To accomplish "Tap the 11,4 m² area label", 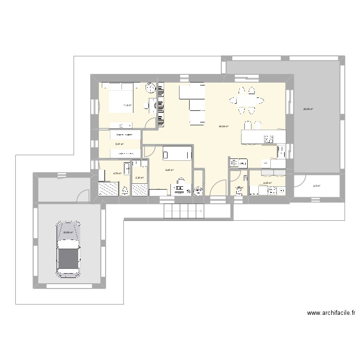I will point(127,105).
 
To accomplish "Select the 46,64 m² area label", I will point(223,127).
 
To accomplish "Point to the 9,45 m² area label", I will point(169,170).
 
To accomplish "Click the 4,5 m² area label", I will point(317,186).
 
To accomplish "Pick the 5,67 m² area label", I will point(119,144).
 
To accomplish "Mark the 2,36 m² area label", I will point(140,178).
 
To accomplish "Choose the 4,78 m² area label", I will point(117,173).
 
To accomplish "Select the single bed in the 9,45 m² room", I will point(177,154).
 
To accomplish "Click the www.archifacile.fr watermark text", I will point(331,313).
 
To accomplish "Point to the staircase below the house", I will point(183,210).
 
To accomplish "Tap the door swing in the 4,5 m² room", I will point(300,181).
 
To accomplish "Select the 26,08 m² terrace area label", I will point(308,109).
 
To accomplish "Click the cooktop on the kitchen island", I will point(268,139).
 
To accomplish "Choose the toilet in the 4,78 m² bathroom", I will point(125,191).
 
